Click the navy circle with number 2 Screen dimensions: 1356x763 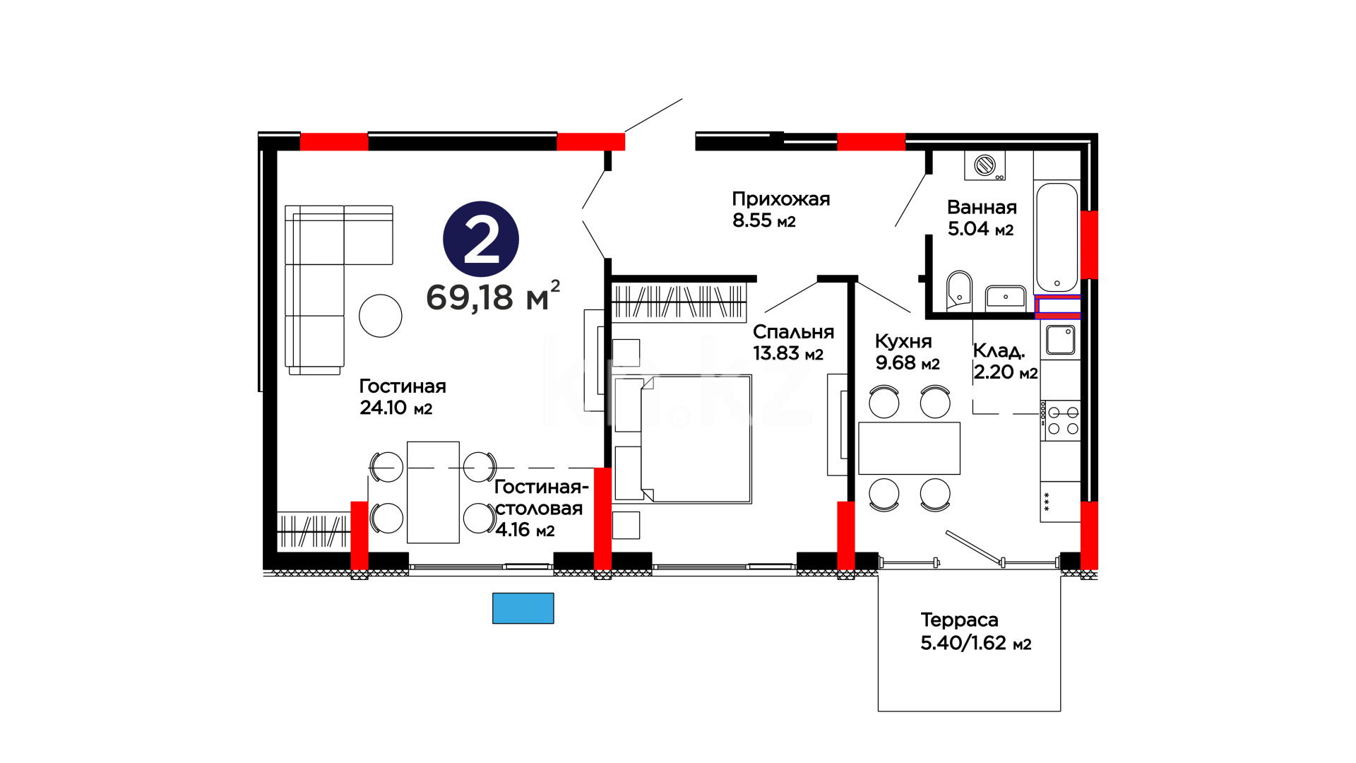pos(481,239)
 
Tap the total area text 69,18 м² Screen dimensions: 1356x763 pos(493,296)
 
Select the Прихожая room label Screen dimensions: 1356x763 pos(780,199)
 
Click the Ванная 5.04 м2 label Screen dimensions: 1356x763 pos(982,218)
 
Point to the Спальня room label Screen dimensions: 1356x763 pos(793,332)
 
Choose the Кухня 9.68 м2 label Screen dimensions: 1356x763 pos(908,352)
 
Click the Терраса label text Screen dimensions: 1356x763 pos(959,620)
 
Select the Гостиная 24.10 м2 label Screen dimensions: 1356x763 pos(403,396)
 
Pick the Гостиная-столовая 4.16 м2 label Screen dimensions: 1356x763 pos(541,508)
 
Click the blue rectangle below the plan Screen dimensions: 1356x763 pos(523,608)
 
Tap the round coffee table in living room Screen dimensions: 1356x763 pos(380,316)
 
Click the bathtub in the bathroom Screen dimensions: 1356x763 pos(1057,237)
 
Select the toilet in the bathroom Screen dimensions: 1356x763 pos(958,290)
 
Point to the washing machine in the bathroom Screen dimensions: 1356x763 pos(985,165)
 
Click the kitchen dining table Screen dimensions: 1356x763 pos(909,448)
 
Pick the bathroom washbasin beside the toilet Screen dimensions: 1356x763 pos(1006,296)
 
